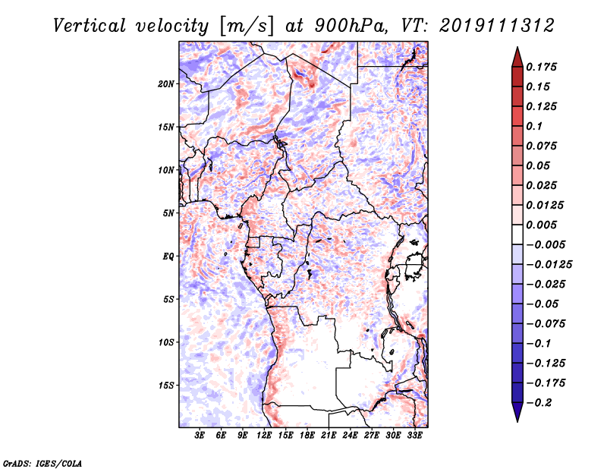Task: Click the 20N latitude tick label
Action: (x=166, y=83)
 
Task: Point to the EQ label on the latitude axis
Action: (x=168, y=256)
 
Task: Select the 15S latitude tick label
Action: (x=166, y=385)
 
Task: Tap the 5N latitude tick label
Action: (x=168, y=212)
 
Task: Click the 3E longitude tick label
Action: (x=200, y=436)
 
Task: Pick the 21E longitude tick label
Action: (x=329, y=436)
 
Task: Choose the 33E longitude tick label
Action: (x=414, y=436)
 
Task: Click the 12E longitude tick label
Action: (x=264, y=436)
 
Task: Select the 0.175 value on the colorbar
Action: (x=542, y=67)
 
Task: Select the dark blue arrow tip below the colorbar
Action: (x=517, y=414)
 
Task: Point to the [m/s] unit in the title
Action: (x=244, y=26)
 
